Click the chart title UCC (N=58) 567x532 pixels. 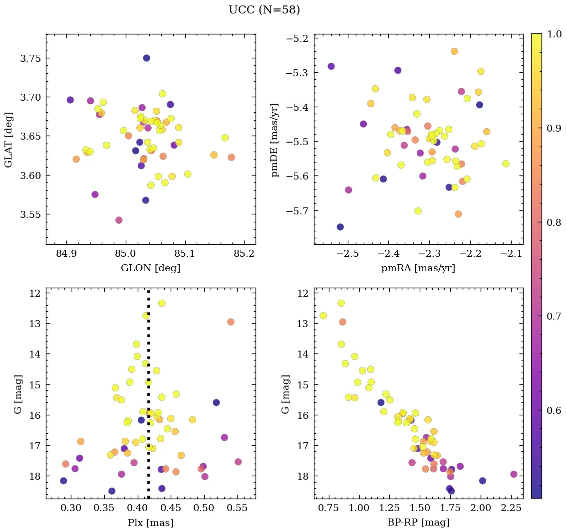pyautogui.click(x=264, y=10)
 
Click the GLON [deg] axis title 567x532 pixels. pyautogui.click(x=150, y=268)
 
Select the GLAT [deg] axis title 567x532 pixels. pyautogui.click(x=8, y=140)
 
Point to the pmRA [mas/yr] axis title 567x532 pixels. pyautogui.click(x=418, y=268)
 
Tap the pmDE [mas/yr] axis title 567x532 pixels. pyautogui.click(x=275, y=140)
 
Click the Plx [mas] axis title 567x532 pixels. pyautogui.click(x=150, y=523)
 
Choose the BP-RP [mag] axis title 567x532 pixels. pyautogui.click(x=418, y=523)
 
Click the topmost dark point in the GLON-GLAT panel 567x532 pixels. pyautogui.click(x=146, y=58)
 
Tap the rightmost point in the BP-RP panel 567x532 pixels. pyautogui.click(x=514, y=474)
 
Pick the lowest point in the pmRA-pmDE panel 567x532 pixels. pyautogui.click(x=340, y=227)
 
